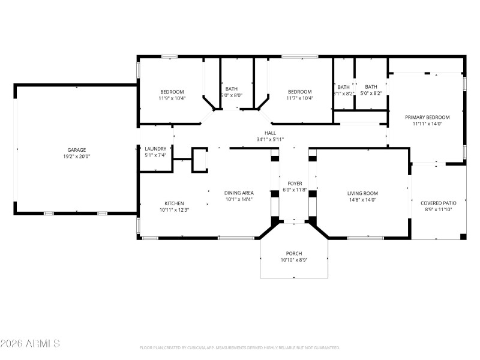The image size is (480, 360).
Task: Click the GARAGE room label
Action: click(76, 150)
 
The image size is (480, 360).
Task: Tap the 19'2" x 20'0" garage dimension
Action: click(76, 156)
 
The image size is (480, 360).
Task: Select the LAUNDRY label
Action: click(155, 149)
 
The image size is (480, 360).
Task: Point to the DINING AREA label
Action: click(238, 193)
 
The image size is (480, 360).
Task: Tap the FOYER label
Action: click(294, 184)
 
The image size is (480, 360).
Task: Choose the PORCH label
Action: click(294, 254)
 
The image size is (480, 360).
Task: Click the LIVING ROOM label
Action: click(362, 193)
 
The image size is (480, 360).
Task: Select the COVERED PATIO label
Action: click(438, 203)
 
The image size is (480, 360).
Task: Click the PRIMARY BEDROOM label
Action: click(427, 118)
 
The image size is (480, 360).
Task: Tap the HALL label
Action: click(270, 133)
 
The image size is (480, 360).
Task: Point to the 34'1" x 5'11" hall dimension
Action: click(270, 139)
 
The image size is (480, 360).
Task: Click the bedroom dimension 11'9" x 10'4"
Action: click(172, 98)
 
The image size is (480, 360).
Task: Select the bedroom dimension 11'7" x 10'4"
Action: click(299, 98)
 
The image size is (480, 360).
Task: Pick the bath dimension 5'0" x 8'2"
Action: click(371, 94)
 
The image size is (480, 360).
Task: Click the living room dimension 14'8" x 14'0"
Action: click(362, 200)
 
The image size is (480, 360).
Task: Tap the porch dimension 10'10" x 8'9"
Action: click(294, 260)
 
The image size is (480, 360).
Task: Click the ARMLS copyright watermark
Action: click(30, 344)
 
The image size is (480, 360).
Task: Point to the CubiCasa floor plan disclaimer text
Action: click(240, 347)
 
